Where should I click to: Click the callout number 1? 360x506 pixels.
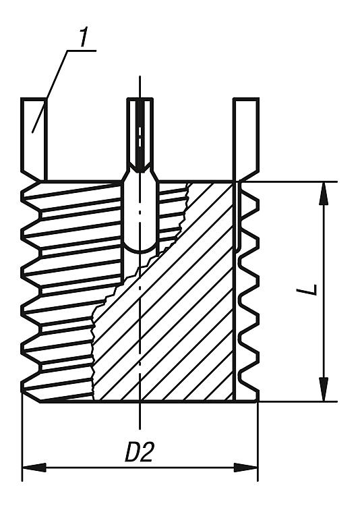84,38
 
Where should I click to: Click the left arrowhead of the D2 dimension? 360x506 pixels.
34,468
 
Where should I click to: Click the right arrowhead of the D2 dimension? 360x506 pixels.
246,468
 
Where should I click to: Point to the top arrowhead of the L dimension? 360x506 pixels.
324,194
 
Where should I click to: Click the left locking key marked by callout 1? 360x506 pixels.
34,139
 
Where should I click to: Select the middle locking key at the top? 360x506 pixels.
140,135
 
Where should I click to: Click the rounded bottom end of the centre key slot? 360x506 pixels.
140,248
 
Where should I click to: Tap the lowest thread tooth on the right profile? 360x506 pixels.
250,387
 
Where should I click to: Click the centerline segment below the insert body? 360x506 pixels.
140,416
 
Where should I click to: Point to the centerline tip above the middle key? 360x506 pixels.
140,76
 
